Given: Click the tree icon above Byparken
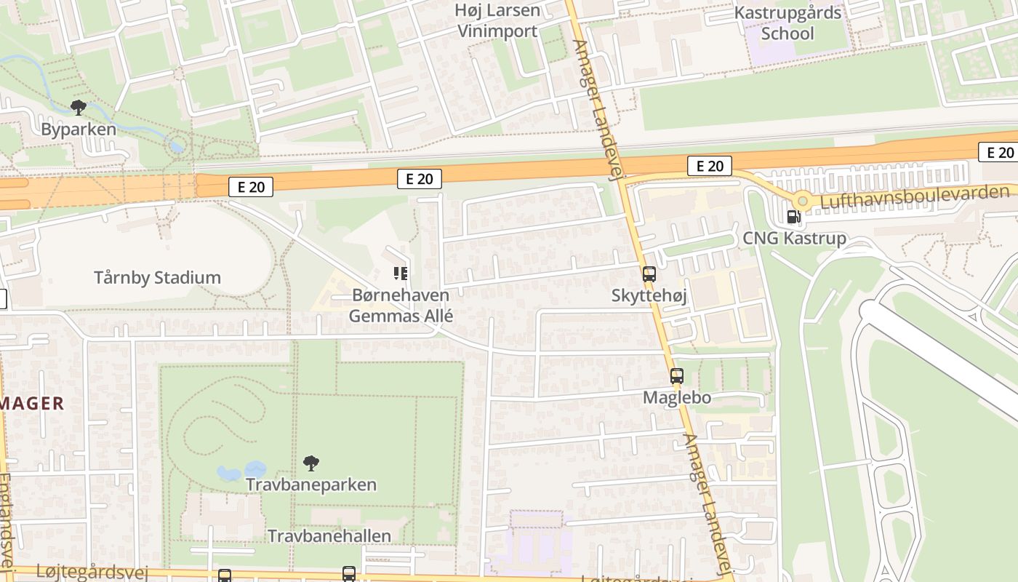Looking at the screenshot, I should click(79, 108).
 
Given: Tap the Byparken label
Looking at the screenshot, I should click(79, 129).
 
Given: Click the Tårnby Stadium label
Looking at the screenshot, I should click(157, 277).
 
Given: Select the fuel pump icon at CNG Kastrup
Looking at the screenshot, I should click(793, 216).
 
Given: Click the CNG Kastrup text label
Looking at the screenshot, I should click(794, 238).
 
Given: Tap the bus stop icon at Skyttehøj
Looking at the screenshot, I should click(649, 274).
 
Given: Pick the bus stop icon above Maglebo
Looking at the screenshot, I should click(676, 376).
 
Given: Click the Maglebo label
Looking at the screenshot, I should click(676, 398).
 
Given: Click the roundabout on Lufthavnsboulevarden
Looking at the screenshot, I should click(802, 200).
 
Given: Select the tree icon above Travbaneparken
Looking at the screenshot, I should click(311, 463).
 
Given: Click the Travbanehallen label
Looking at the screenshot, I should click(329, 536).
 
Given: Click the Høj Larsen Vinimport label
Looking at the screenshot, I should click(497, 20).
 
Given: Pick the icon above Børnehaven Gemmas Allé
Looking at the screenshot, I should click(401, 274).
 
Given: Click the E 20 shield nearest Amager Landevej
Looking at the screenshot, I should click(709, 166).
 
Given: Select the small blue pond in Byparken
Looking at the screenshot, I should click(175, 145).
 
